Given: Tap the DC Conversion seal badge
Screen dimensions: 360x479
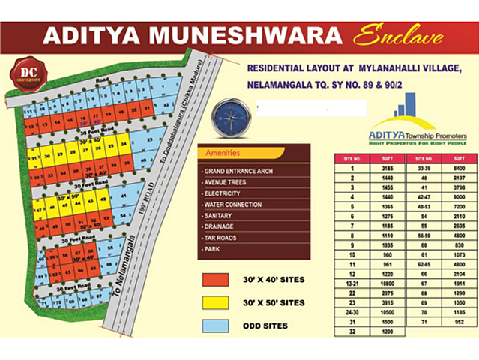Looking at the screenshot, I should (30, 73).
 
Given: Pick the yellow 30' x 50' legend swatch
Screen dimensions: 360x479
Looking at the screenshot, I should (216, 302).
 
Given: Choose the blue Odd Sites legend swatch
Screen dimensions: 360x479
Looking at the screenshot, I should (216, 325).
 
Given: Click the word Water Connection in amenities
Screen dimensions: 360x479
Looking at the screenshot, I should (233, 205).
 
